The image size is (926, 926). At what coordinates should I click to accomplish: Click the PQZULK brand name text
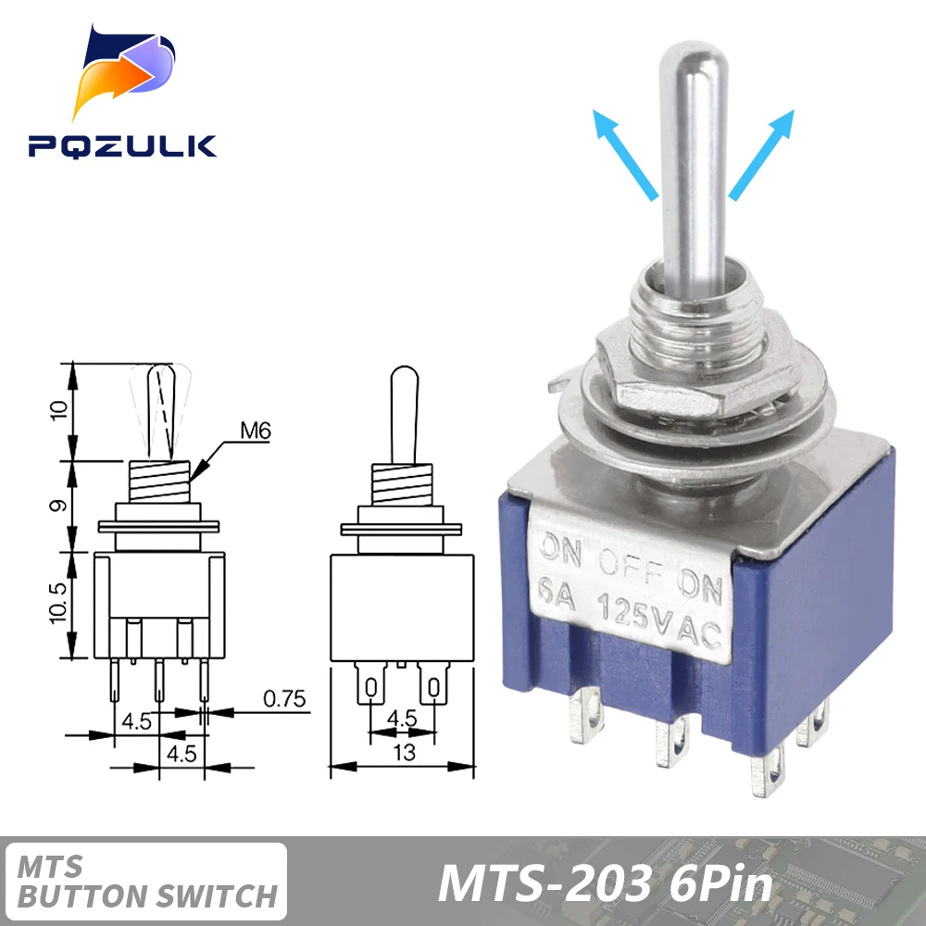point(121,145)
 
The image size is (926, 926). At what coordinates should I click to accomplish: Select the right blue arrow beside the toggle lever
point(762,153)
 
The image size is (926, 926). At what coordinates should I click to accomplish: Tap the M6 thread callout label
point(255,430)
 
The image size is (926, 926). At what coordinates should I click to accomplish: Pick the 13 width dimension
point(405,753)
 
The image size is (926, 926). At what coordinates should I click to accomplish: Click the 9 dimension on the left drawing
point(58,507)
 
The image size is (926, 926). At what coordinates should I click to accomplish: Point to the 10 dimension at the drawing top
point(58,411)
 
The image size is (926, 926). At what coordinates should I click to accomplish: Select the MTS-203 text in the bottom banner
point(544,883)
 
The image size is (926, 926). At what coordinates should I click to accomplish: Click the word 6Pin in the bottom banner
point(719,883)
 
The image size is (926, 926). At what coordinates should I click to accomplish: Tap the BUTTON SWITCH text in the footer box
point(148,895)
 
